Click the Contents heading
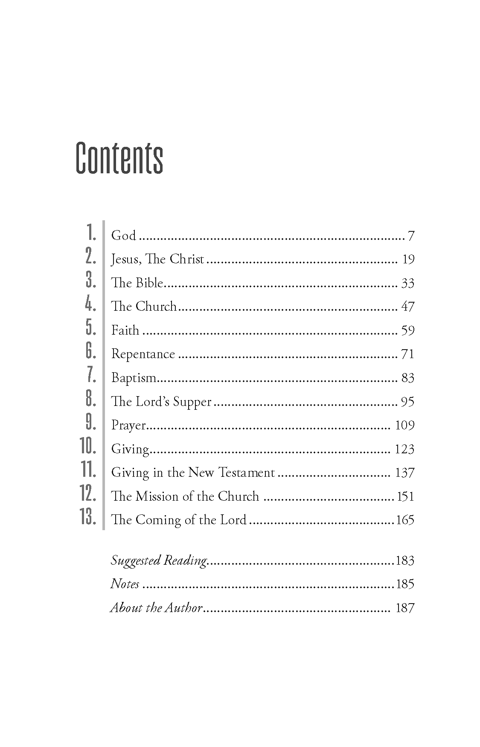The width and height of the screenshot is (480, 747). tap(119, 158)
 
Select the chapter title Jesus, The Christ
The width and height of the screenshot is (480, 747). tap(157, 260)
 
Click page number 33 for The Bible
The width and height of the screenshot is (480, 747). tap(407, 283)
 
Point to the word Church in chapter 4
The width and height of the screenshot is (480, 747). tap(156, 306)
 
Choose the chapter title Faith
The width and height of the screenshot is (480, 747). tap(125, 330)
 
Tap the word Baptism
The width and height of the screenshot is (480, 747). tap(134, 378)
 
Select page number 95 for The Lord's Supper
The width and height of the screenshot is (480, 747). tap(407, 402)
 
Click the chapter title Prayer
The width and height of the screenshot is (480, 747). tap(128, 426)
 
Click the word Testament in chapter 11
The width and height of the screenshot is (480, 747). tap(246, 473)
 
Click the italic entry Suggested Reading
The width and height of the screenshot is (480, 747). tap(159, 560)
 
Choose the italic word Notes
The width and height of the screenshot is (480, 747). tap(125, 584)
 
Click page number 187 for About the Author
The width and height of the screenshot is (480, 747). tap(405, 608)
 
